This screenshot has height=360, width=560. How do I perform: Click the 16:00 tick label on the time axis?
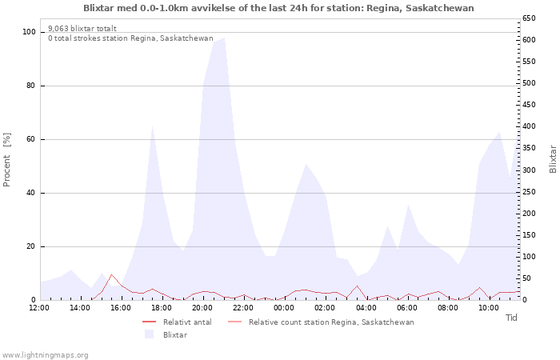pos(121,307)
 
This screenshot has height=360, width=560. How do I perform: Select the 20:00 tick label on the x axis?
pos(202,307)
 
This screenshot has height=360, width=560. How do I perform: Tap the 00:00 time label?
pos(284,307)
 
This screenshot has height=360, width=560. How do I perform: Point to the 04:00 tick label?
pos(366,307)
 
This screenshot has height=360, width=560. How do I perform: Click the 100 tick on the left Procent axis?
pos(30,32)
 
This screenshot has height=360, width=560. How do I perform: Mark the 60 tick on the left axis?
pos(32,139)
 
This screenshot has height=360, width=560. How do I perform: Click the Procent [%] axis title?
pos(7,160)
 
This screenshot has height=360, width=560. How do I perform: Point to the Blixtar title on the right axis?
pos(553,158)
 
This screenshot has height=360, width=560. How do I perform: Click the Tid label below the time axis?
pos(512,318)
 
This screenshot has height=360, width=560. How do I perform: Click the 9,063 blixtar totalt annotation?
pos(82,28)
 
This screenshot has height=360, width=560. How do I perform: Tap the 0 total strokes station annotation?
pos(130,38)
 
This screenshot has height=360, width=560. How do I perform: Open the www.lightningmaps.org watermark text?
pos(45,354)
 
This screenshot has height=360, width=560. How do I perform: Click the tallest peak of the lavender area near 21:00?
pos(224,38)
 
